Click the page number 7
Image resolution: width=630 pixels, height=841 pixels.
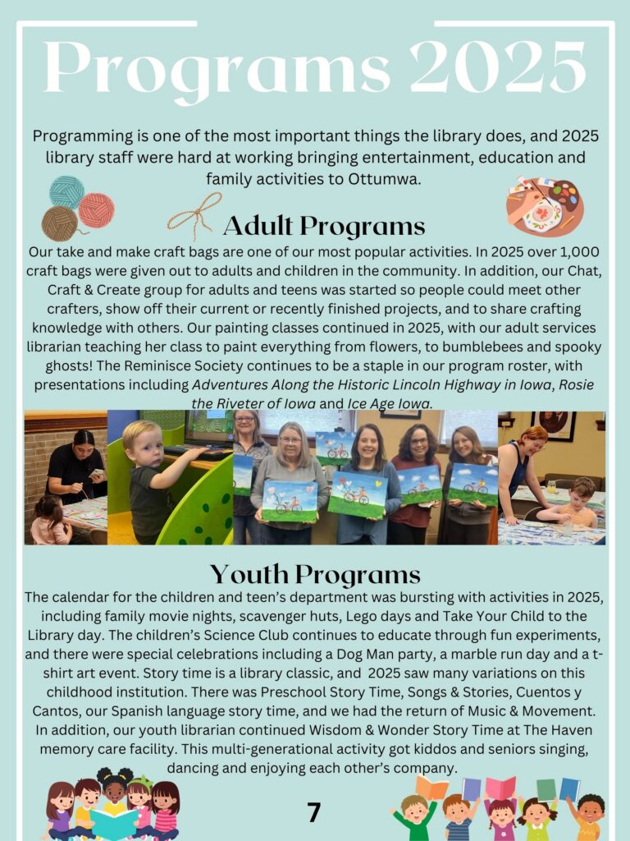pyautogui.click(x=313, y=812)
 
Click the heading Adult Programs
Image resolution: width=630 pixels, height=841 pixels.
pyautogui.click(x=323, y=225)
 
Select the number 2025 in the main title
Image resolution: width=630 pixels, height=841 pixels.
pyautogui.click(x=498, y=67)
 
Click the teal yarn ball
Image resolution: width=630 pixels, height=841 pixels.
pyautogui.click(x=66, y=192)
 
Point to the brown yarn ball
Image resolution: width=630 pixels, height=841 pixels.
pyautogui.click(x=59, y=223)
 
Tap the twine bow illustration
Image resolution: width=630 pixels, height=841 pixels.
pyautogui.click(x=195, y=216)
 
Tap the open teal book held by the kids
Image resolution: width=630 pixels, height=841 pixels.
pyautogui.click(x=114, y=824)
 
